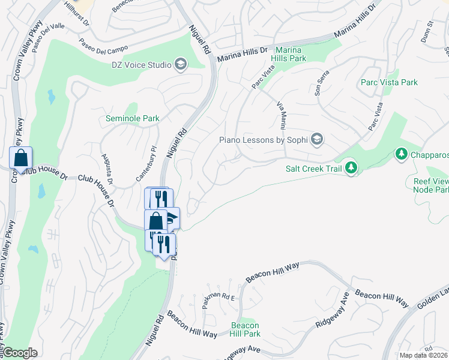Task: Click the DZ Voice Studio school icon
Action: pos(180,65)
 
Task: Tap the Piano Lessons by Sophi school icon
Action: pos(317,140)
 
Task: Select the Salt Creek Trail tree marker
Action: pos(352,168)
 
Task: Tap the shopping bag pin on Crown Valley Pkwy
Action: pos(20,159)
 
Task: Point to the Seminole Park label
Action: pos(133,118)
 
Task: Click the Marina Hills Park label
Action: pos(291,54)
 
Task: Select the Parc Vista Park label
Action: pos(389,82)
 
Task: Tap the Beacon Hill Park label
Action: pos(246,329)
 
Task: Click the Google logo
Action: pos(20,352)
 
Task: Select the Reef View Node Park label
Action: pos(431,185)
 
